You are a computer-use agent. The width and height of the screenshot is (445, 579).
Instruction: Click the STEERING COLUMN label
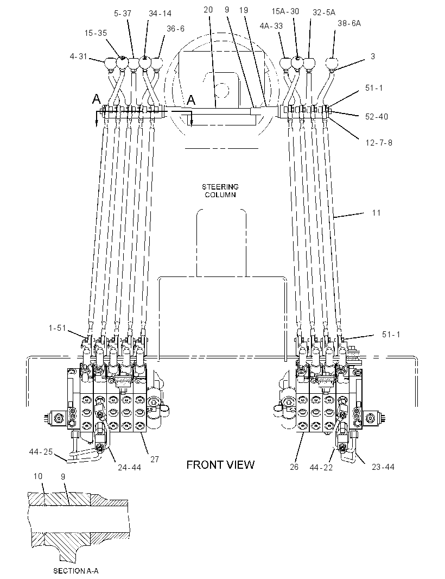click(x=220, y=191)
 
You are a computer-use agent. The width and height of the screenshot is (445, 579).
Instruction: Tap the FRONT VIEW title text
click(x=220, y=464)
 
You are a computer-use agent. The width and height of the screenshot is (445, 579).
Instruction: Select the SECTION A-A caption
click(x=76, y=571)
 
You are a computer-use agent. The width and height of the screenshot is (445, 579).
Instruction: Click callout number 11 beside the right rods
click(x=376, y=213)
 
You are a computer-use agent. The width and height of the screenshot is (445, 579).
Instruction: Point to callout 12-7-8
click(x=379, y=142)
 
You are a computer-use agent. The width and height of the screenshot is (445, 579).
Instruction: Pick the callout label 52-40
click(x=377, y=116)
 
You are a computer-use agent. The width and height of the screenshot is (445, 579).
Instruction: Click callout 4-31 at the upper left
click(x=79, y=56)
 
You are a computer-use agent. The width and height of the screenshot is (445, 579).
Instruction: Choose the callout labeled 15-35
click(x=96, y=33)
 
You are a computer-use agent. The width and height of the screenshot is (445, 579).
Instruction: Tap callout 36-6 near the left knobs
click(x=176, y=28)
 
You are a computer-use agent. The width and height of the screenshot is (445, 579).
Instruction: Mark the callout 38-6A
click(x=349, y=23)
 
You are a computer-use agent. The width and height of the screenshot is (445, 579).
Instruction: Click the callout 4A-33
click(x=271, y=26)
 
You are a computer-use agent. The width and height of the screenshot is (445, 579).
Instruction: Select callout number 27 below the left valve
click(x=155, y=459)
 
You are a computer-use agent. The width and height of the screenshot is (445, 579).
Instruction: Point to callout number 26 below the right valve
click(x=294, y=467)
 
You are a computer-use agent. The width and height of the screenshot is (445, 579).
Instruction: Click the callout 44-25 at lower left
click(x=41, y=451)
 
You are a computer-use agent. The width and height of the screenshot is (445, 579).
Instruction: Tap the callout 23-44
click(x=383, y=467)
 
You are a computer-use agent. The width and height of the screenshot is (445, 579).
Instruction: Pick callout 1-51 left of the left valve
click(x=57, y=328)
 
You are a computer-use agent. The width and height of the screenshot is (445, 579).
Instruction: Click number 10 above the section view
click(x=38, y=476)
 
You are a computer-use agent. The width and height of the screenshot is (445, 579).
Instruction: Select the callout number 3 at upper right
click(x=373, y=56)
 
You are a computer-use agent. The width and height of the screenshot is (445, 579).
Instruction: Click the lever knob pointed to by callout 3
click(x=333, y=63)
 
